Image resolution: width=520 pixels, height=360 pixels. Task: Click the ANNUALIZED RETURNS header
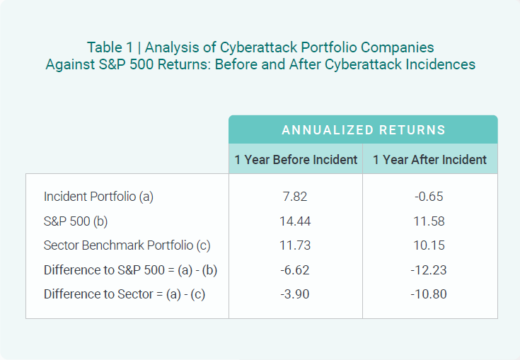point(363,130)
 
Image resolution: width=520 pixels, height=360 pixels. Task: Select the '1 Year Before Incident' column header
point(296,160)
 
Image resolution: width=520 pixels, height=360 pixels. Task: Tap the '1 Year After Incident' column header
point(429,160)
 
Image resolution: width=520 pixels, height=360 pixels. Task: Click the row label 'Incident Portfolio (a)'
point(98,197)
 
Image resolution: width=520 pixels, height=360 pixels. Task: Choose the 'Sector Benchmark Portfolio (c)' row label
point(127,246)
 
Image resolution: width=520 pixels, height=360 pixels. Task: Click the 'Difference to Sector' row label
point(124,294)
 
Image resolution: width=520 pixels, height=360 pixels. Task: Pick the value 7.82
point(295,197)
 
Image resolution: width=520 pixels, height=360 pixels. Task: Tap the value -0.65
point(429,197)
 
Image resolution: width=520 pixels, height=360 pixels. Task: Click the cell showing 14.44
point(295,221)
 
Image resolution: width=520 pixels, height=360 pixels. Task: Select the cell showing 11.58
point(429,221)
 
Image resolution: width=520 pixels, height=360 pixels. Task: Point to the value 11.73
point(295,246)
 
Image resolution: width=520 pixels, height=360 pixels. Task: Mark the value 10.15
point(429,246)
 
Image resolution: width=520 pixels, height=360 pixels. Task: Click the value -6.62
point(295,270)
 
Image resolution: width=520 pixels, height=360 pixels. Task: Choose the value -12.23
point(429,270)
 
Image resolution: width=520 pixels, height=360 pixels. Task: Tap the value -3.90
point(295,294)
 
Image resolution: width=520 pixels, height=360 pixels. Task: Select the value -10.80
point(429,294)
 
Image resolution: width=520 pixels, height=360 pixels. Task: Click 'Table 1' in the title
point(110,47)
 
